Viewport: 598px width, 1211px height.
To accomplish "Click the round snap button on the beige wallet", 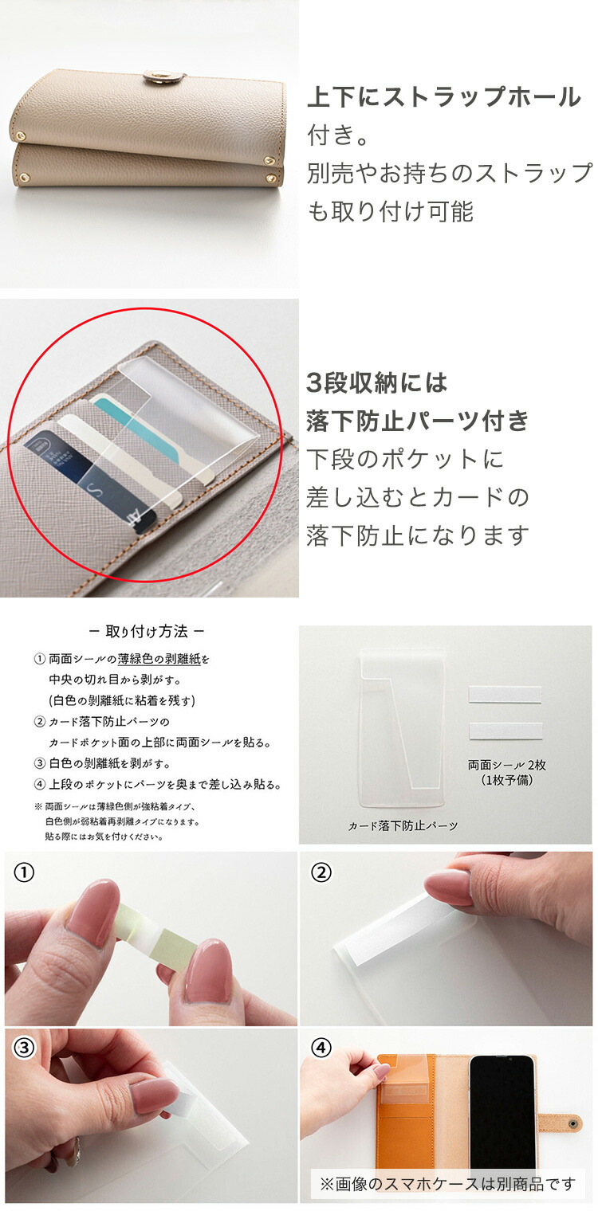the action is [x=155, y=76].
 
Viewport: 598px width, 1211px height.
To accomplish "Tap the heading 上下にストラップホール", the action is [x=444, y=96].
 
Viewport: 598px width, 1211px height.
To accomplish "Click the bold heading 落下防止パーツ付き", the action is [x=417, y=421].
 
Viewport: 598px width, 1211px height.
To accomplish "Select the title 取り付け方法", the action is [x=147, y=632].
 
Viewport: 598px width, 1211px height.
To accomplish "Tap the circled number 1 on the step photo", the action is [x=23, y=872].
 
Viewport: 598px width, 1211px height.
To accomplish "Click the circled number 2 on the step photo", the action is [x=321, y=872].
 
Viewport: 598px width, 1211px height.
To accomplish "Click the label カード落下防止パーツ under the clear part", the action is [x=403, y=825].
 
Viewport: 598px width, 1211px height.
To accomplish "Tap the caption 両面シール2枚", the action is [x=507, y=765].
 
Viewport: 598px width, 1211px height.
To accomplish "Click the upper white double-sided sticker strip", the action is [x=505, y=695].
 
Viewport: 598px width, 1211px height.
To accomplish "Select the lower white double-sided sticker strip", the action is [x=506, y=731].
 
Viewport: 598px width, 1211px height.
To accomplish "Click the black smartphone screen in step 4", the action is [x=502, y=1114].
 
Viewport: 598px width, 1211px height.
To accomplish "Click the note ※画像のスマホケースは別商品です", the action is [x=447, y=1184].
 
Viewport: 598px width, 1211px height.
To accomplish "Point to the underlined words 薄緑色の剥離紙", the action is [x=159, y=659].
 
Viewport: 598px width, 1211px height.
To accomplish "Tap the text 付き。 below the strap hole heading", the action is [x=338, y=135].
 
